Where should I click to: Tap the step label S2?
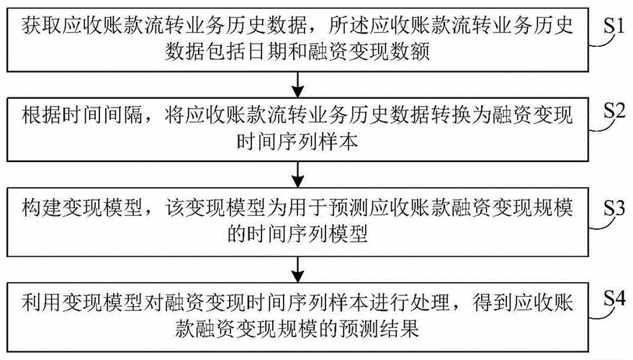[x=614, y=111]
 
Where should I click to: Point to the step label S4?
[x=614, y=299]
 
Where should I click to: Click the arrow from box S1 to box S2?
[x=297, y=85]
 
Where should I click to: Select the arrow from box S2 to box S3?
[x=297, y=175]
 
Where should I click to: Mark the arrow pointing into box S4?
[x=297, y=269]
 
